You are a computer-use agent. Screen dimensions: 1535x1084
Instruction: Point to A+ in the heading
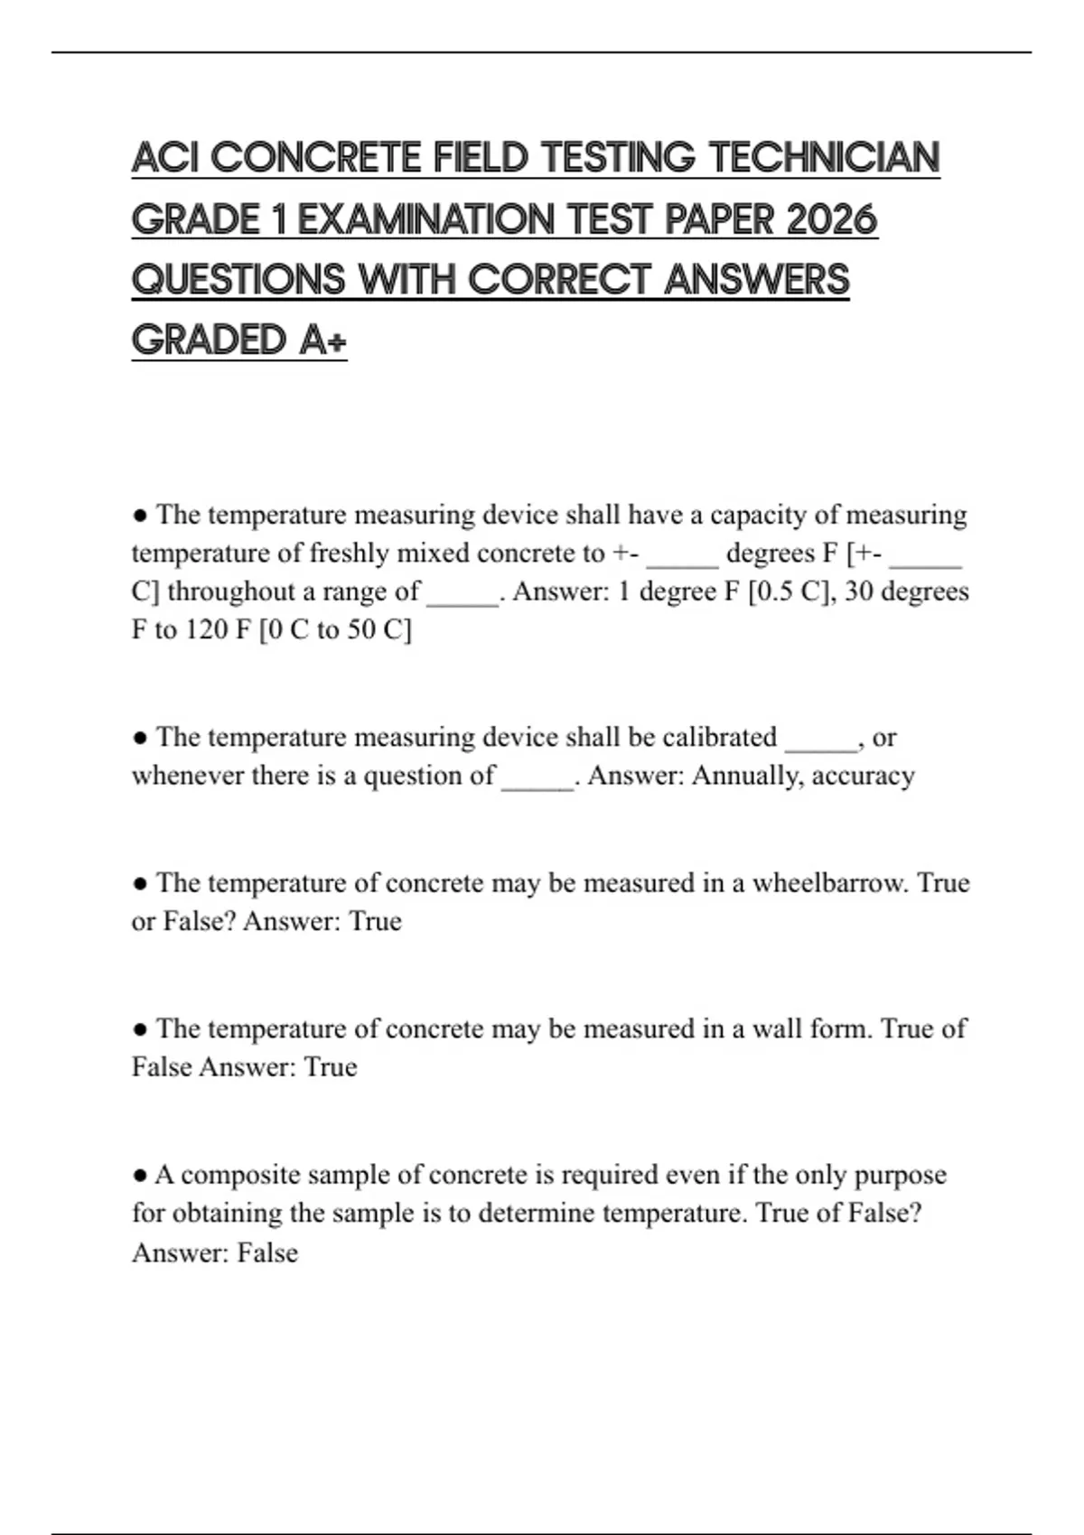coord(323,340)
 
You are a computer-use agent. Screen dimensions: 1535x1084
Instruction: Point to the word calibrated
coord(720,737)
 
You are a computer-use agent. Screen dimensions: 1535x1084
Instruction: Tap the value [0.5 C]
coord(789,591)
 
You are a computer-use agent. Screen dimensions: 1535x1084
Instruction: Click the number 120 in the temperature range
coord(206,629)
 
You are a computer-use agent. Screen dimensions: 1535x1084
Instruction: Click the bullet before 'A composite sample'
coord(140,1176)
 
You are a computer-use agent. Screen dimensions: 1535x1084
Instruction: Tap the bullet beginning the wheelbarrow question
coord(140,883)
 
